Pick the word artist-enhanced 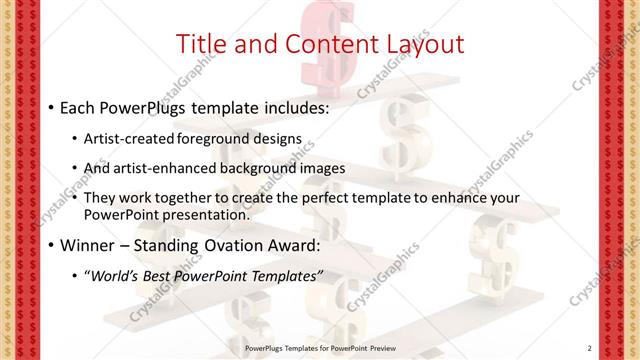tap(170, 168)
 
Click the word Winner tap(87, 245)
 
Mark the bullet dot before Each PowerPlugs tap(51, 106)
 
